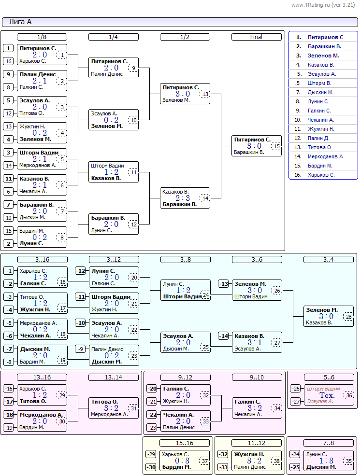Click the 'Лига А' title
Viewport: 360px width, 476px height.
[x=20, y=22]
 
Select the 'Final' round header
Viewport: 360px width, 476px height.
[x=257, y=37]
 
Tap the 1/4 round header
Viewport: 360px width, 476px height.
[x=114, y=37]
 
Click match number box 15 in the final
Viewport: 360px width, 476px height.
[x=277, y=146]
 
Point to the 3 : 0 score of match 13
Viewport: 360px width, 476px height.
[x=183, y=94]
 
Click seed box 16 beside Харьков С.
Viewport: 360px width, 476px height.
[x=9, y=61]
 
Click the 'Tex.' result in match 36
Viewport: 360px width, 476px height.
[x=327, y=395]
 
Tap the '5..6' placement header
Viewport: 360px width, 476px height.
[x=329, y=378]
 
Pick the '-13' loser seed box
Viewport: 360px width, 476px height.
[x=224, y=284]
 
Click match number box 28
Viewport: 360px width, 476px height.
[x=348, y=317]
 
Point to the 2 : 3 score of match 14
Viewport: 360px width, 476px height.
[x=183, y=198]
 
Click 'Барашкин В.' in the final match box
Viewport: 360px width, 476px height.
[x=249, y=153]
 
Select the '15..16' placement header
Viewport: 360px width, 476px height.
[x=185, y=443]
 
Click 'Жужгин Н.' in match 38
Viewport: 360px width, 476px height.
[x=249, y=454]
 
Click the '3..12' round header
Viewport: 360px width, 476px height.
[x=114, y=260]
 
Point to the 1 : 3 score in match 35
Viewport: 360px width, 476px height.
[x=326, y=461]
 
